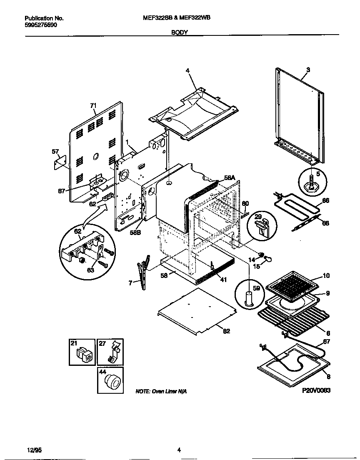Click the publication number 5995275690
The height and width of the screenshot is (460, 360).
tap(41, 25)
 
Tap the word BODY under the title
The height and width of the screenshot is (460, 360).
tap(180, 32)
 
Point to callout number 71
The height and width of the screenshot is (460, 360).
tap(93, 106)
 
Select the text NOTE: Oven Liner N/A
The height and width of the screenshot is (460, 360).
tap(161, 392)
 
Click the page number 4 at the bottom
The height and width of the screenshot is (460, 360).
tap(179, 450)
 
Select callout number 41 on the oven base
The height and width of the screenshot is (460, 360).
tap(223, 280)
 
